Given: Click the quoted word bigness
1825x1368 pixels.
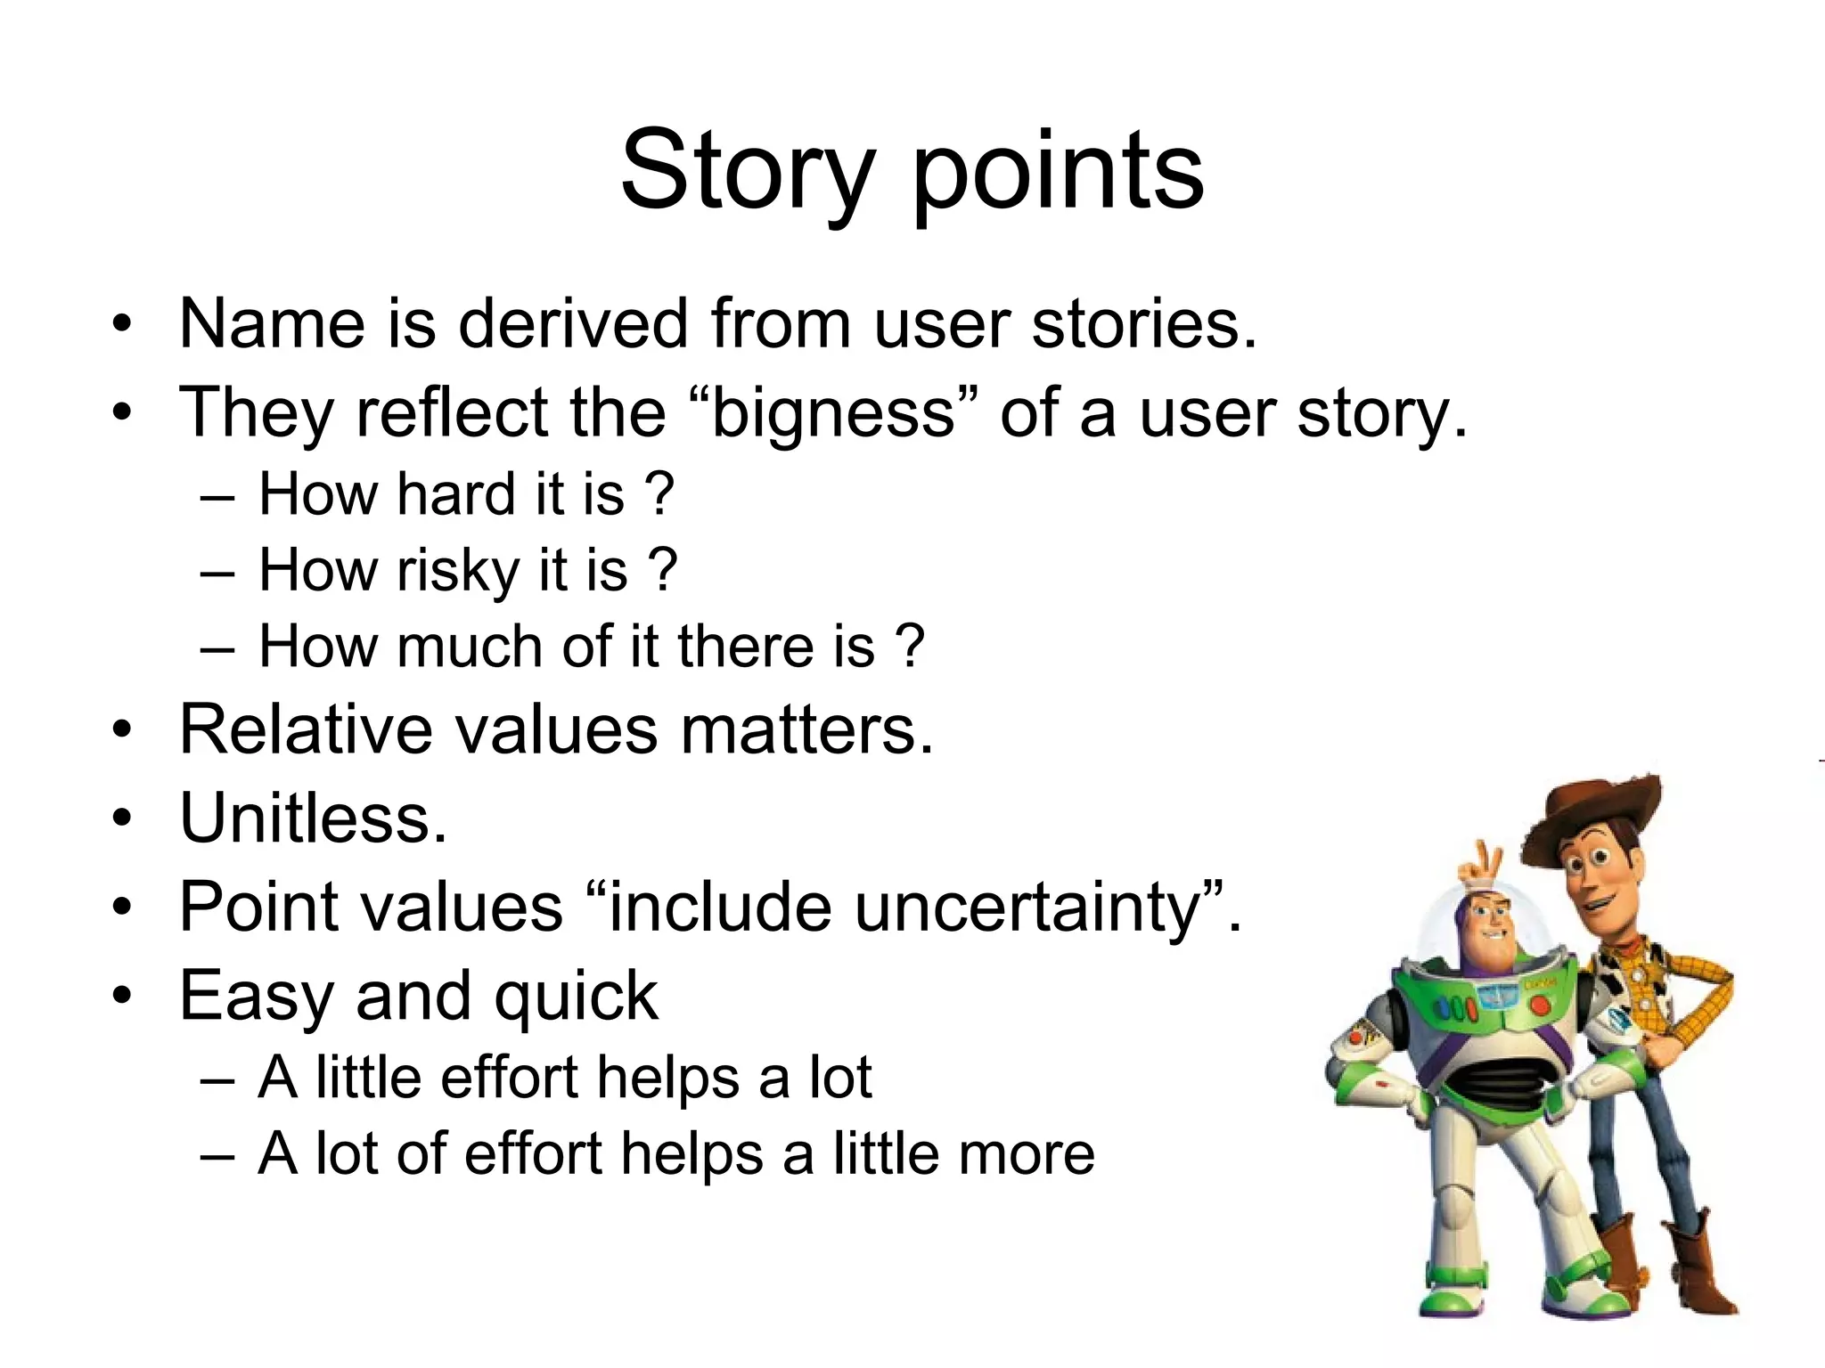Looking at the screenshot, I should click(833, 413).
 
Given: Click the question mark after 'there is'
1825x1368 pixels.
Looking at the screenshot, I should click(909, 646).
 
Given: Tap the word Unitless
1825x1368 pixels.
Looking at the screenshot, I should click(312, 818).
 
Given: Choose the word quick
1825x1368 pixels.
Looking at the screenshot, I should click(576, 997).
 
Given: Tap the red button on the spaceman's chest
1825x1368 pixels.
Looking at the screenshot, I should click(1539, 1006).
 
